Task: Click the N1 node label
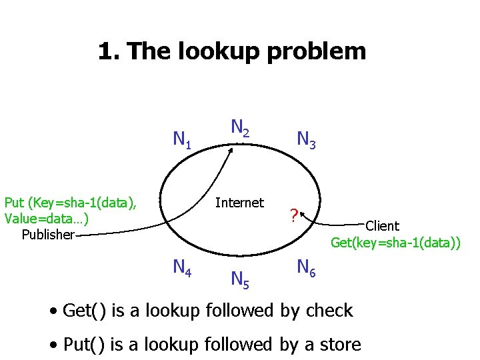click(x=182, y=140)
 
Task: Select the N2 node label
click(x=240, y=128)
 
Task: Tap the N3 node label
click(x=307, y=140)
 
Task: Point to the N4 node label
click(x=182, y=268)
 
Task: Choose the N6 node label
click(x=307, y=268)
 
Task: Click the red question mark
click(x=293, y=216)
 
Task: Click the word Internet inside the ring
click(x=239, y=203)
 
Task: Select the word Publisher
click(x=47, y=235)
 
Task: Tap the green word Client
click(x=382, y=227)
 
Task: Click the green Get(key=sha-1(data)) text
click(x=395, y=243)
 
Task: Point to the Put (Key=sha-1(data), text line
click(x=71, y=203)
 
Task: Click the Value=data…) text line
click(x=47, y=219)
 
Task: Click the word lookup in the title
click(x=205, y=51)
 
